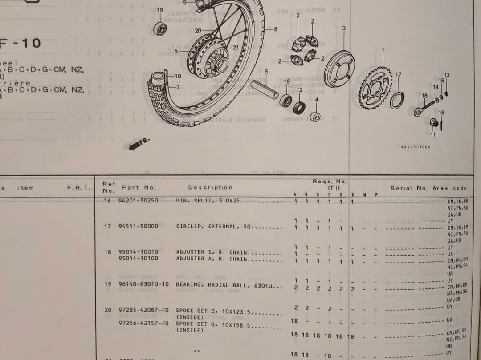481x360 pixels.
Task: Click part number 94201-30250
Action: [x=138, y=201]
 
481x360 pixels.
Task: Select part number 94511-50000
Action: [x=138, y=226]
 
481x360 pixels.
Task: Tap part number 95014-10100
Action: [x=138, y=259]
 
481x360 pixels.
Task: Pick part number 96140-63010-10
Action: [x=143, y=284]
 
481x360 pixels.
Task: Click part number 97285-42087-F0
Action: [x=143, y=310]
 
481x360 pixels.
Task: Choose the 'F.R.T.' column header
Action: [x=78, y=188]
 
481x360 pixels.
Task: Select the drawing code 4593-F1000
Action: [x=412, y=146]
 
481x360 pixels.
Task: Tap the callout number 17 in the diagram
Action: [x=398, y=74]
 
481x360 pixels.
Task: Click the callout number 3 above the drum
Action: [x=344, y=28]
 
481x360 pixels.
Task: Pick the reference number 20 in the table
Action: [x=108, y=310]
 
